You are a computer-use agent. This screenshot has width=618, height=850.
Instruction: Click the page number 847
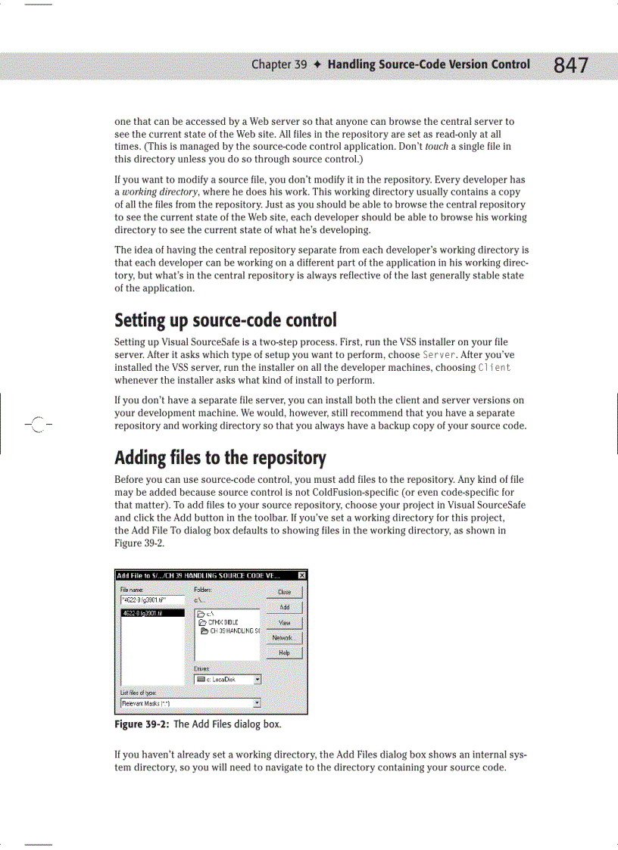[570, 66]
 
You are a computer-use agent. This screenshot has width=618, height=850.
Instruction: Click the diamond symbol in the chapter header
[317, 64]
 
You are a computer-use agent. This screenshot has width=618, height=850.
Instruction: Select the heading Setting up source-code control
[225, 321]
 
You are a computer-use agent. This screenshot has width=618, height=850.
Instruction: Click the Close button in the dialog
[284, 592]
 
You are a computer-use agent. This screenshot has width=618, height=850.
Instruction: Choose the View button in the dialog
[284, 622]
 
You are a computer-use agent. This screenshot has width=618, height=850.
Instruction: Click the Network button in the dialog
[284, 637]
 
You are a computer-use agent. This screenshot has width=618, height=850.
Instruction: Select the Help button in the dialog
[284, 652]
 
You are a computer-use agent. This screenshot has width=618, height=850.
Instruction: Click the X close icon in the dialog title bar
[301, 575]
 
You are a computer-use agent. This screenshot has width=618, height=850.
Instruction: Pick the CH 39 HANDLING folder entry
[230, 630]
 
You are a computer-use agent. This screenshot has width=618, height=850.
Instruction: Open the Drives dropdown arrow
[257, 679]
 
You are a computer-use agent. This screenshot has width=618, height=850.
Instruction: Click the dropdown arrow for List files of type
[257, 702]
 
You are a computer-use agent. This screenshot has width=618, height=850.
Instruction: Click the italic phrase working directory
[155, 192]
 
